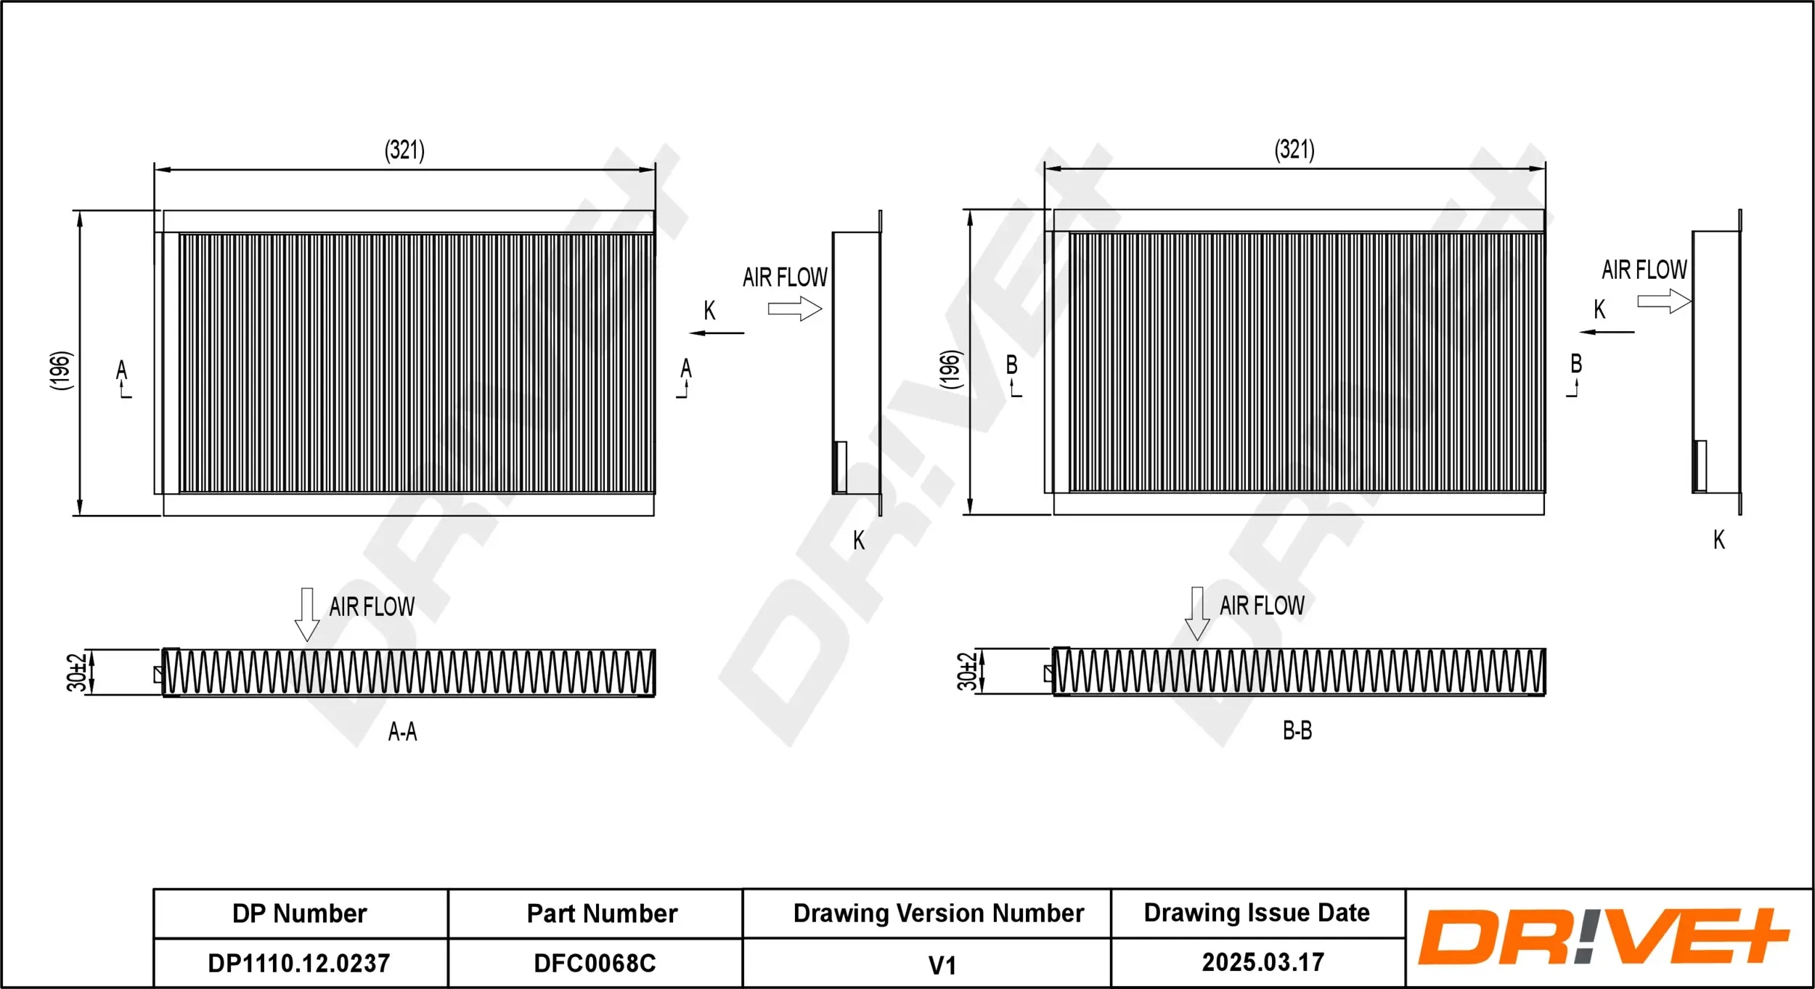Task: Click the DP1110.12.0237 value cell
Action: [299, 963]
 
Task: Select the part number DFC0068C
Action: [595, 963]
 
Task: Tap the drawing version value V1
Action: [942, 965]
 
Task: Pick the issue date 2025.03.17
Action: [1263, 962]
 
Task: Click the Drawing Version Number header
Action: [938, 913]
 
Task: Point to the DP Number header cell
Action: [299, 913]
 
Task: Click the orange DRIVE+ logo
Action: [1604, 937]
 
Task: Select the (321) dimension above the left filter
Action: [404, 150]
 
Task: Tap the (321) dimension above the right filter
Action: [1294, 150]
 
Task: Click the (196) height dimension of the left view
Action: [62, 370]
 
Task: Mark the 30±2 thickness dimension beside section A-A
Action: [76, 672]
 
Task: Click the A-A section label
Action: [402, 731]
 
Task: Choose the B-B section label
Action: [1297, 730]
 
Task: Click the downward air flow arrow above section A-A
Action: [307, 614]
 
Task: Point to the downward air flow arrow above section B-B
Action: [1197, 613]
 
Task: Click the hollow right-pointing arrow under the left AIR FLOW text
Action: [795, 309]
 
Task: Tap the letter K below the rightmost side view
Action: [1718, 540]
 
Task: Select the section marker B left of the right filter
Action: [1012, 365]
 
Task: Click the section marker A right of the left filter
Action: [685, 369]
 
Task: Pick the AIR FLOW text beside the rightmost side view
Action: [1644, 269]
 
